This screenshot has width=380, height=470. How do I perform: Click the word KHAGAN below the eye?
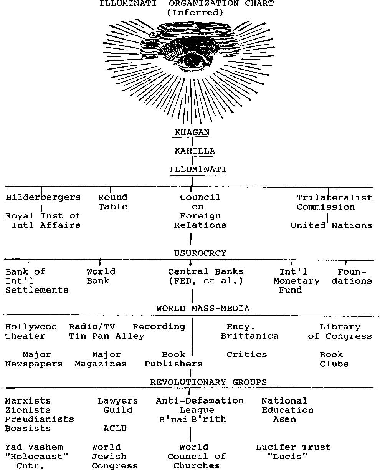pos(192,132)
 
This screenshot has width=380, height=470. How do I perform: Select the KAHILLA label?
pos(195,151)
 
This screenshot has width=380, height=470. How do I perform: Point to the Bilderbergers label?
pos(43,198)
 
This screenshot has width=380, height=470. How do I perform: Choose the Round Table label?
pos(112,202)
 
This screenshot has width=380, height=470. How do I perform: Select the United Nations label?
pos(331,226)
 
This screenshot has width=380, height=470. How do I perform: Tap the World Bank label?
pos(101,276)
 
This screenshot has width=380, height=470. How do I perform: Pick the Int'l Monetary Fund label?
pos(296,281)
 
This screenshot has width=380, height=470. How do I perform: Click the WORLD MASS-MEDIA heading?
pos(203,309)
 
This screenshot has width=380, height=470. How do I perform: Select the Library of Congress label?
pos(340,332)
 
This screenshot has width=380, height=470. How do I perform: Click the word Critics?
pos(246,355)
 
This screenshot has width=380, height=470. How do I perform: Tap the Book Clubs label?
pos(334,359)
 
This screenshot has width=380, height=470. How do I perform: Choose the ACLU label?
pos(115,429)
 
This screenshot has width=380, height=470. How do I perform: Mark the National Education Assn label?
pos(287,410)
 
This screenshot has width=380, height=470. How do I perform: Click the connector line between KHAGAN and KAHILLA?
pos(192,142)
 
